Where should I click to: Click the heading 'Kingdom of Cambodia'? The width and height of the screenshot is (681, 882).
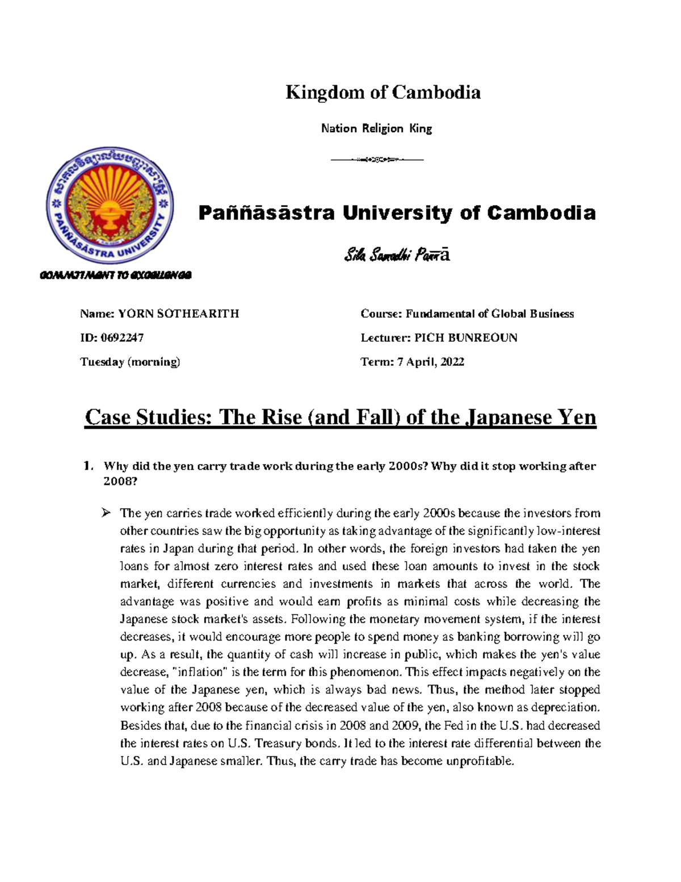click(x=382, y=92)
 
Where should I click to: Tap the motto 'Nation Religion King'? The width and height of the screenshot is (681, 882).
click(x=376, y=128)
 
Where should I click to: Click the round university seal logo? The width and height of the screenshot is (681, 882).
click(x=110, y=207)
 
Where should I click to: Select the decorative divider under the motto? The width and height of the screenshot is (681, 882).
click(x=377, y=160)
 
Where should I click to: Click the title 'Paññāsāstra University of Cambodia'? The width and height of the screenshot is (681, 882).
click(x=397, y=213)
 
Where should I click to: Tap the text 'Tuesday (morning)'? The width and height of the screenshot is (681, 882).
click(x=130, y=362)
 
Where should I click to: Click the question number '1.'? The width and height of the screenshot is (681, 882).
click(x=87, y=466)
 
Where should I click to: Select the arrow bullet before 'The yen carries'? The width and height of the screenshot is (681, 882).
click(x=106, y=513)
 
